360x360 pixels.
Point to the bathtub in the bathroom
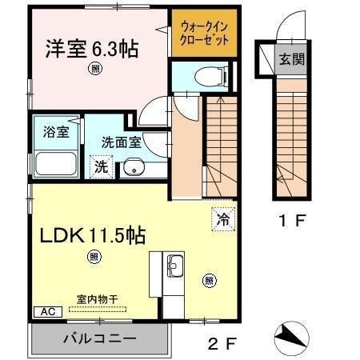tap(54, 163)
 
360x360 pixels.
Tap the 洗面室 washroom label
tap(121, 142)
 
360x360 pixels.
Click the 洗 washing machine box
tap(101, 166)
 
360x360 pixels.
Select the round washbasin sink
tap(133, 169)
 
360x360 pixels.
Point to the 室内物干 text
tap(97, 298)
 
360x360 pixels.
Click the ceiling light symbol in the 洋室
tap(95, 70)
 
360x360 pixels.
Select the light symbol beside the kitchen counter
tap(209, 279)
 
